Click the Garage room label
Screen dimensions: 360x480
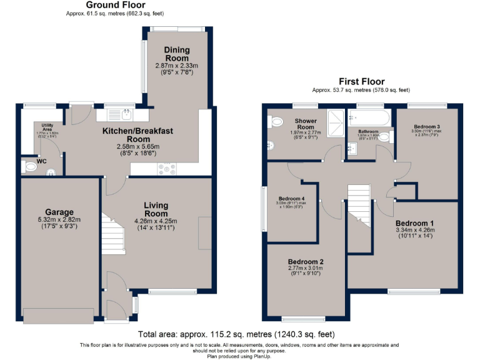point(59,212)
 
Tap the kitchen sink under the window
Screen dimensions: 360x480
point(126,114)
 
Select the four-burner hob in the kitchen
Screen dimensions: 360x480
point(167,167)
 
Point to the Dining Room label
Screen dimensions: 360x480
point(176,54)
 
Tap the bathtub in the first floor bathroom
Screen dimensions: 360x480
point(369,117)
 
